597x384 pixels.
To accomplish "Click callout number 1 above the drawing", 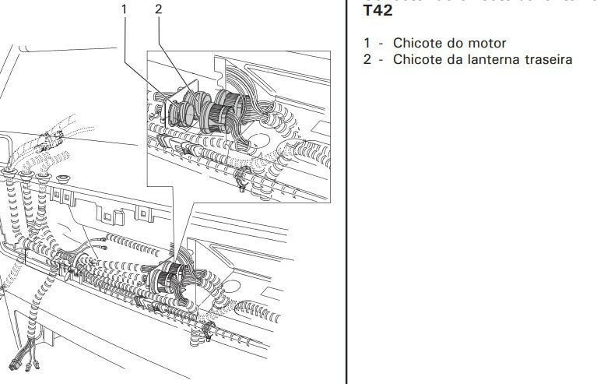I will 123,10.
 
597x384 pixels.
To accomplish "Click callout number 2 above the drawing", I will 159,10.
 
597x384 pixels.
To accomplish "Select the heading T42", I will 378,11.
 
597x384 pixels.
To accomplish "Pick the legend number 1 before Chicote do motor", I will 367,43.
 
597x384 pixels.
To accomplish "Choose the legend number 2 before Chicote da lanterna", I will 367,59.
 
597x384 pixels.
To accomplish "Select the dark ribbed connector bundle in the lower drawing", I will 172,277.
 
